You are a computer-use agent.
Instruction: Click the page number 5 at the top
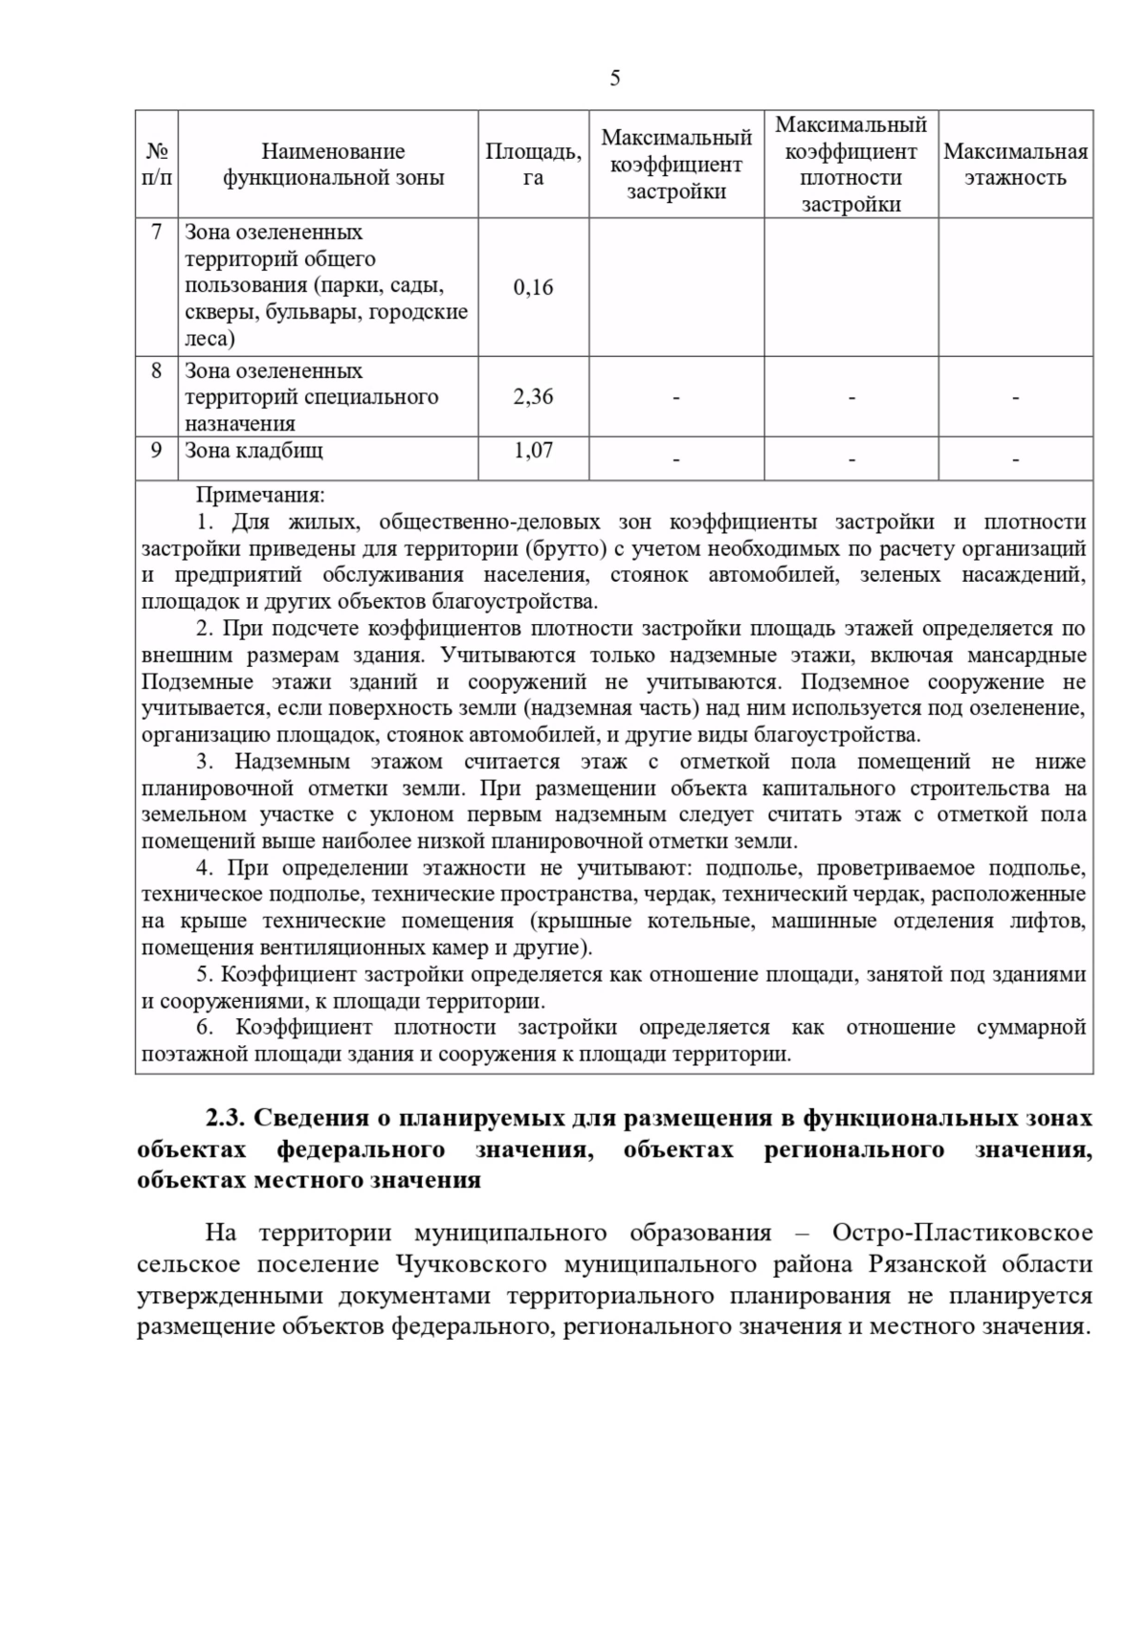614,78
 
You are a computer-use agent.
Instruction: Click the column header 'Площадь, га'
533,165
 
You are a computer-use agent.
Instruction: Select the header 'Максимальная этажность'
1015,165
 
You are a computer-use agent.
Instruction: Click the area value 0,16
533,287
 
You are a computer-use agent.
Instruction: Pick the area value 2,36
533,397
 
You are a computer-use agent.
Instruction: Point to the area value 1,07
533,451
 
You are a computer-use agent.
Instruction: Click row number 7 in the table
157,233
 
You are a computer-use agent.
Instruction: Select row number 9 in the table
157,451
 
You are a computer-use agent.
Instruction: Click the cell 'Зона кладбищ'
254,451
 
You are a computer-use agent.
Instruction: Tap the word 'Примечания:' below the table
260,496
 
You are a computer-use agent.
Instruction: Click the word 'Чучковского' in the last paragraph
470,1264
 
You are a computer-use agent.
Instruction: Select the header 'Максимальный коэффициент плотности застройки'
850,165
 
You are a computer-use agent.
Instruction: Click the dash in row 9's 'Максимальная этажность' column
1015,460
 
